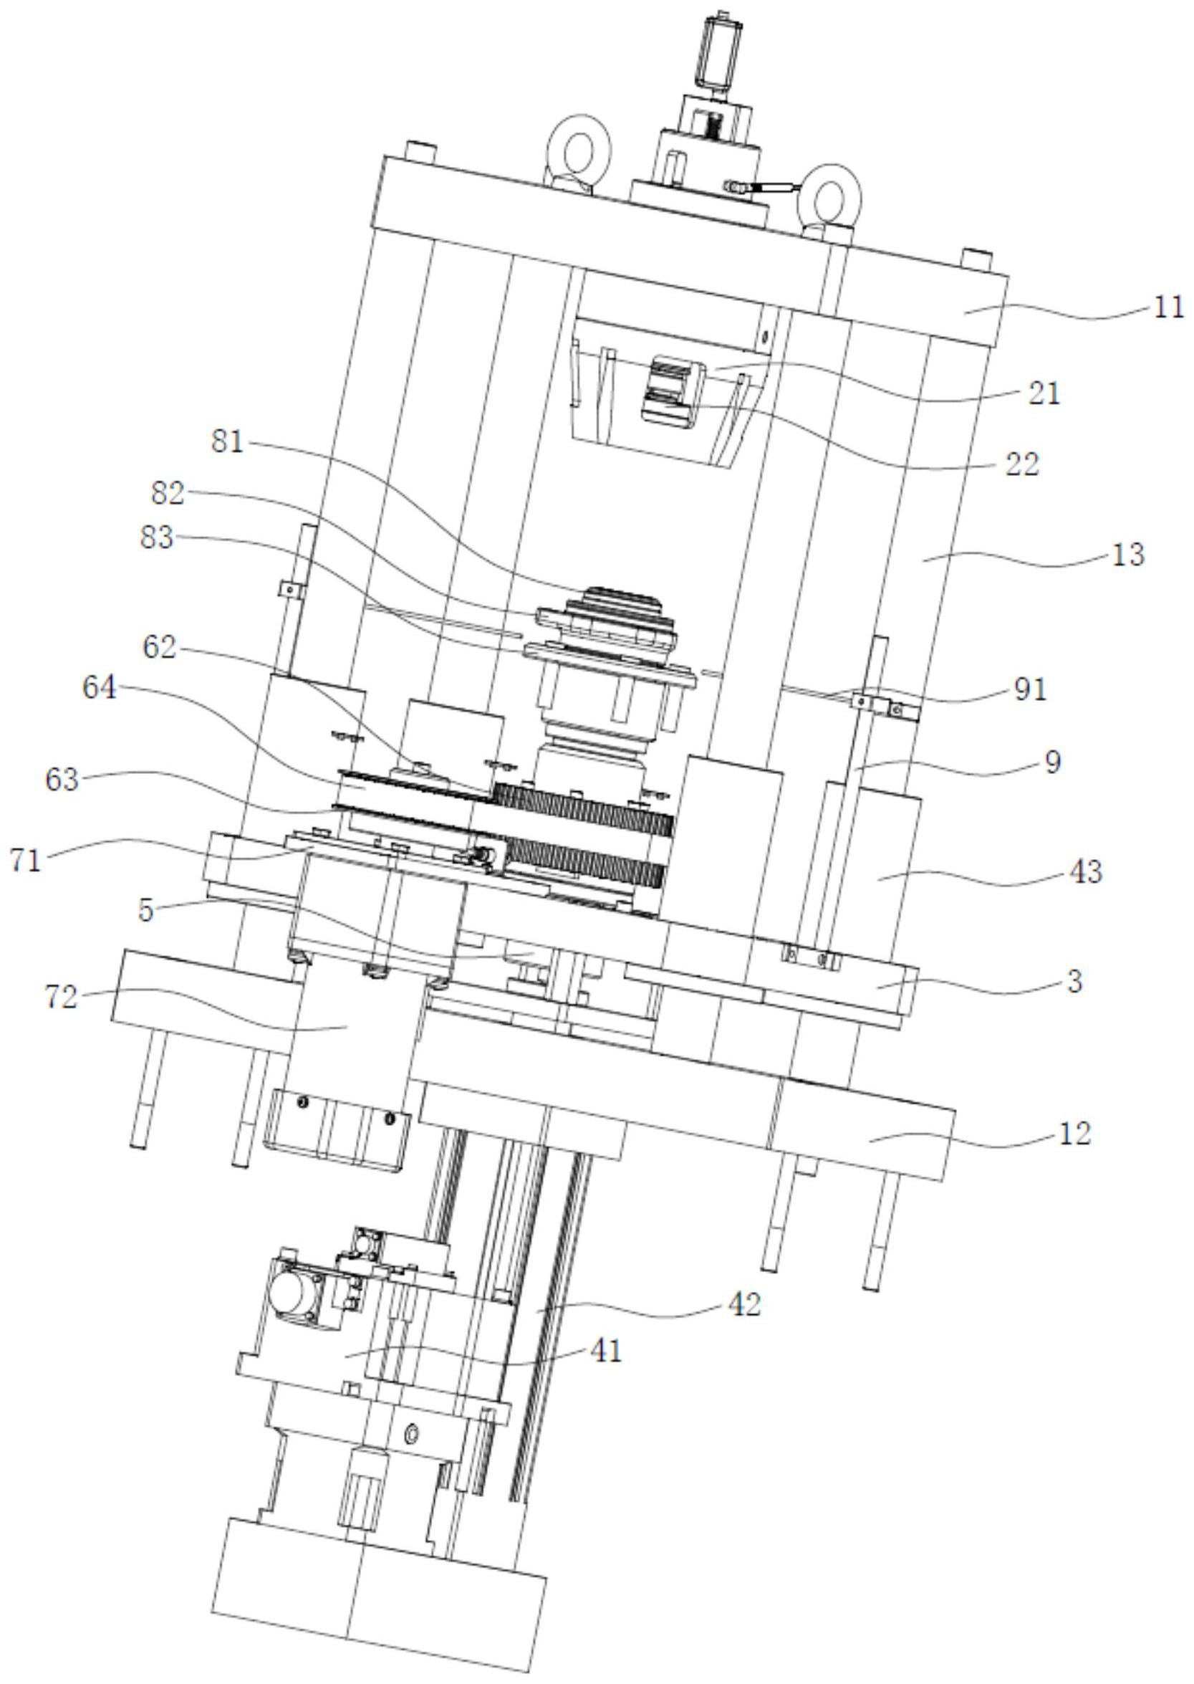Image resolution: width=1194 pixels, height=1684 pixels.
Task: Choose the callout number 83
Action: pyautogui.click(x=156, y=537)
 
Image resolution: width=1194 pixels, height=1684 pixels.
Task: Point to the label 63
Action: pyautogui.click(x=61, y=780)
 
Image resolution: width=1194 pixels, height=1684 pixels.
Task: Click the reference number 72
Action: pyautogui.click(x=61, y=999)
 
